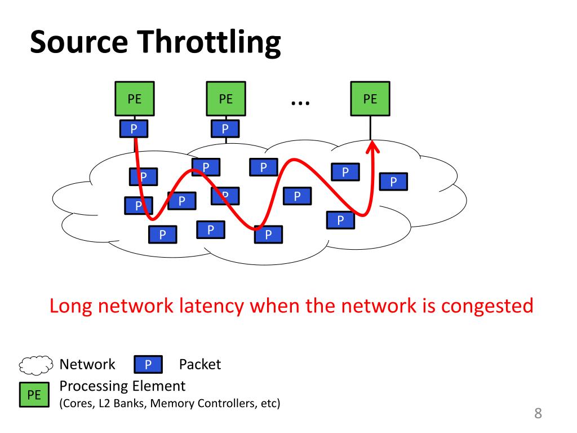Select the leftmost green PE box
(135, 99)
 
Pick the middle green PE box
(226, 99)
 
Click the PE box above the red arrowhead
(370, 99)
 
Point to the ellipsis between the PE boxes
(300, 102)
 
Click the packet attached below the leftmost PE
(134, 129)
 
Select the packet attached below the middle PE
(225, 129)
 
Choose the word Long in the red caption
(72, 306)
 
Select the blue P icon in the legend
(148, 365)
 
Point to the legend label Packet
(200, 365)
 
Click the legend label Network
(87, 365)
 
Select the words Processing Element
(122, 386)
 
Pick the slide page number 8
(538, 414)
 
